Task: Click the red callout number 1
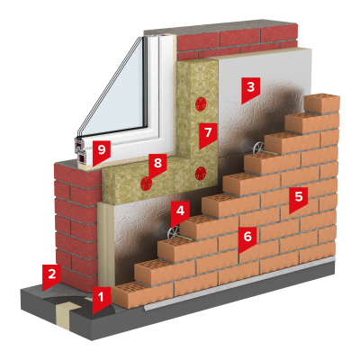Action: [101, 299]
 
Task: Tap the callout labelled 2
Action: [51, 276]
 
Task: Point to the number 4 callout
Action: [180, 212]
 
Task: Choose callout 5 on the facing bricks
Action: [299, 199]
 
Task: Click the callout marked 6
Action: [247, 238]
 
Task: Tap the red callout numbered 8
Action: [157, 165]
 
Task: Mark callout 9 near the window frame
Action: [102, 151]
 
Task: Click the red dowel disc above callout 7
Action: [200, 104]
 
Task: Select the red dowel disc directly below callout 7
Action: [200, 174]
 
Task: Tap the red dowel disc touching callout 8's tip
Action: [146, 184]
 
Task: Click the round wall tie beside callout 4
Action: [172, 233]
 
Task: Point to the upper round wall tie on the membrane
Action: [257, 148]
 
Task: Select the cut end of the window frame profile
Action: [81, 151]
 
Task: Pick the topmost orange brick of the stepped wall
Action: [322, 103]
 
